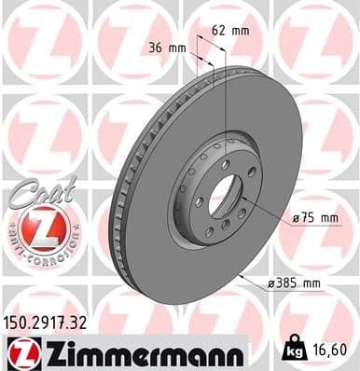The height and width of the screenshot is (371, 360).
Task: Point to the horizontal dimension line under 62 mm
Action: click(212, 43)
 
